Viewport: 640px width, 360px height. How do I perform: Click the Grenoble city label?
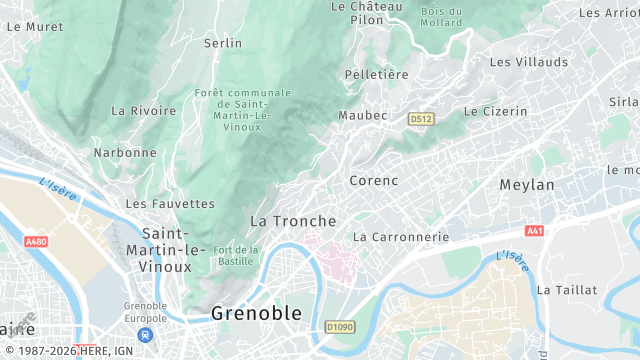pyautogui.click(x=255, y=313)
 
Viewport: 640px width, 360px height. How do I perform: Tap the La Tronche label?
pyautogui.click(x=292, y=220)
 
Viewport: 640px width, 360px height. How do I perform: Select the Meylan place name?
pyautogui.click(x=526, y=185)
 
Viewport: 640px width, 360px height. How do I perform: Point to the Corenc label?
pyautogui.click(x=374, y=181)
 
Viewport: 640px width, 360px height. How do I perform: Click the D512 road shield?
pyautogui.click(x=421, y=119)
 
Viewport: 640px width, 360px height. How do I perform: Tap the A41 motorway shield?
pyautogui.click(x=534, y=230)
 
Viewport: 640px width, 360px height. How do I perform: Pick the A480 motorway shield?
pyautogui.click(x=37, y=242)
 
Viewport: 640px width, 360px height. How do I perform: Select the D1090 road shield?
pyautogui.click(x=340, y=326)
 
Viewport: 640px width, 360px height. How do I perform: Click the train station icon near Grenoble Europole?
pyautogui.click(x=146, y=335)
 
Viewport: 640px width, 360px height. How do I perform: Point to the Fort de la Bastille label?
pyautogui.click(x=236, y=255)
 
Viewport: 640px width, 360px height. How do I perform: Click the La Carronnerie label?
pyautogui.click(x=401, y=237)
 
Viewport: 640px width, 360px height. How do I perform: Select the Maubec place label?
pyautogui.click(x=362, y=115)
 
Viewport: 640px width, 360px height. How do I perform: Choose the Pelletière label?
pyautogui.click(x=376, y=74)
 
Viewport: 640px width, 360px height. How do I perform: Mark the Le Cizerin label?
pyautogui.click(x=495, y=111)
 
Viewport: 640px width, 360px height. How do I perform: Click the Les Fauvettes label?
pyautogui.click(x=170, y=203)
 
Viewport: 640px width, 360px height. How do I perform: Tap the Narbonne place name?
pyautogui.click(x=125, y=153)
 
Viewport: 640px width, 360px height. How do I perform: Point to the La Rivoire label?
pyautogui.click(x=144, y=110)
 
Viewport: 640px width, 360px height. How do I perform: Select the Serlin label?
pyautogui.click(x=223, y=43)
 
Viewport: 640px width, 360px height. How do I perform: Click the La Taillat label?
pyautogui.click(x=567, y=289)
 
